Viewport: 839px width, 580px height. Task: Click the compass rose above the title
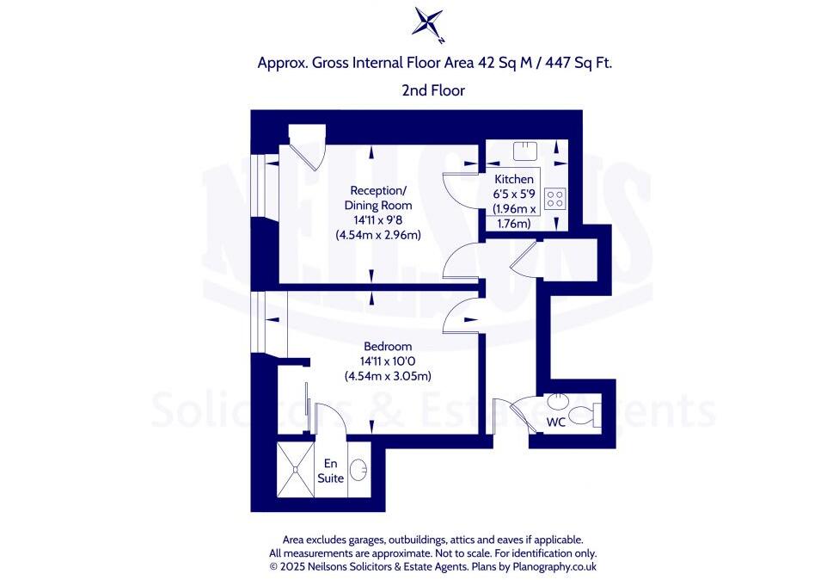click(x=428, y=23)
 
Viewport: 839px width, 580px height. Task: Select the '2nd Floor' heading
click(x=433, y=89)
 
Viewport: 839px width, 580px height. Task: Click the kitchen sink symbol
click(x=524, y=151)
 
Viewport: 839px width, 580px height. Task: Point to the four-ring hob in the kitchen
click(x=555, y=200)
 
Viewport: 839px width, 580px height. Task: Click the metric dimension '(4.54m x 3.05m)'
click(x=387, y=376)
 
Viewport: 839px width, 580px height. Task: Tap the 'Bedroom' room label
click(x=388, y=346)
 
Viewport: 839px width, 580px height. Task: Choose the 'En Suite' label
click(x=330, y=470)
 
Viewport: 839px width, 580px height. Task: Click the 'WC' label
click(x=557, y=423)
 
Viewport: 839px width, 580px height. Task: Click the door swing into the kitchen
click(x=459, y=188)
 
